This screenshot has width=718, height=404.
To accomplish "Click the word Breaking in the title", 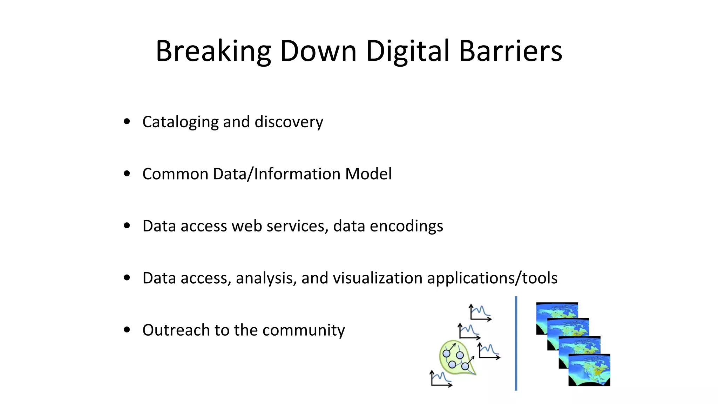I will (x=213, y=51).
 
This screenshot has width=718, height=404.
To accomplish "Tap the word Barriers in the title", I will (x=510, y=51).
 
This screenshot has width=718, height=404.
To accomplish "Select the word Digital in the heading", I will (x=408, y=51).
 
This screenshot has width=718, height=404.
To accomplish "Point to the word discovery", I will (x=289, y=122).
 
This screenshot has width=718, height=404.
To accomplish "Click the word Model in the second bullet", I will (x=368, y=174).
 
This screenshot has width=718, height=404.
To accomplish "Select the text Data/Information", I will (x=277, y=174).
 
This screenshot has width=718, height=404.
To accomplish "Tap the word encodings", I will (x=406, y=226).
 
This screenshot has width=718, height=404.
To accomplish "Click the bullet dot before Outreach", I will (x=127, y=330).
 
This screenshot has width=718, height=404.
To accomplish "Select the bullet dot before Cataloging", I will (x=127, y=122).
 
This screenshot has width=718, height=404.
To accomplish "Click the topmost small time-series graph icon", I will (x=480, y=312).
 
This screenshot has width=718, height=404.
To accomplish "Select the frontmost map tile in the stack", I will (x=589, y=370).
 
